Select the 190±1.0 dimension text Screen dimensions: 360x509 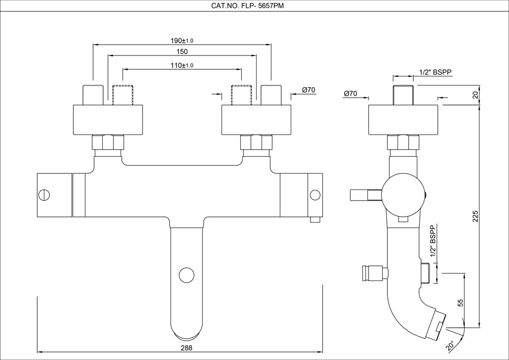[x=181, y=40]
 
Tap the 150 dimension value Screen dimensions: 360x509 [x=182, y=51]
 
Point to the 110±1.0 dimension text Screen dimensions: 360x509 [x=182, y=65]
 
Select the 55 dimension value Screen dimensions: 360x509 [x=461, y=302]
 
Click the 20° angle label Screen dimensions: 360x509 [x=450, y=346]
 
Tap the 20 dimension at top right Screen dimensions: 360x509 [x=476, y=94]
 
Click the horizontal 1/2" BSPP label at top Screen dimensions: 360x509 [x=435, y=72]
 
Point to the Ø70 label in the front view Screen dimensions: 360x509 [x=308, y=90]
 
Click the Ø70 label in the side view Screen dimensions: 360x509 [x=351, y=93]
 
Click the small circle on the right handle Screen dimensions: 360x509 [x=315, y=195]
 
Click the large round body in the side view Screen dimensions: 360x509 [x=403, y=196]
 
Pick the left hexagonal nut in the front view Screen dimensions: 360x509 [x=108, y=142]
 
